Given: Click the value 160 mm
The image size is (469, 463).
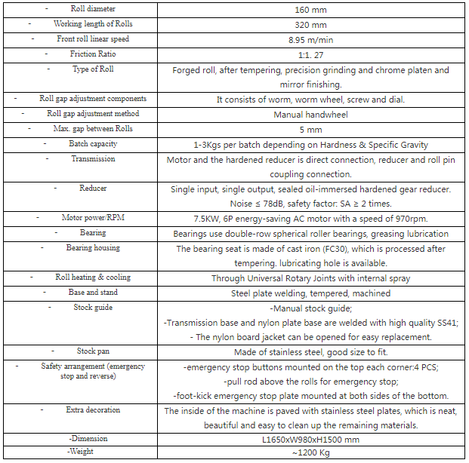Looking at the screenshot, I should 310,11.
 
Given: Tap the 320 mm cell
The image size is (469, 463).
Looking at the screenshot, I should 310,25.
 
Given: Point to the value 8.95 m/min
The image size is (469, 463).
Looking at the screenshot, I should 310,40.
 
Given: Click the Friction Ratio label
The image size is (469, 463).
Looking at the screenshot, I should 93,54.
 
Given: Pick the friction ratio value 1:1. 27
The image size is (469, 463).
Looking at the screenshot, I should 310,55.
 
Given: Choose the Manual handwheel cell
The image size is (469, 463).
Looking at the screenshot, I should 310,115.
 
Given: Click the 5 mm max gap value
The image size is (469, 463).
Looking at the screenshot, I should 310,130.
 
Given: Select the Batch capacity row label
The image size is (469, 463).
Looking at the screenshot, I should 93,143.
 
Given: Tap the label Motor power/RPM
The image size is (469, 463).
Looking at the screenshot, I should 93,218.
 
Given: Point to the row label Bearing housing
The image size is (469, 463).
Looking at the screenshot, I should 93,247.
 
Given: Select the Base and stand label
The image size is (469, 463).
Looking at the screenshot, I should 93,292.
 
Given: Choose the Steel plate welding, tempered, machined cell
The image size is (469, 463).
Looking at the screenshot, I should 310,293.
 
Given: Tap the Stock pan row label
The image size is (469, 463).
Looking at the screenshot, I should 93,351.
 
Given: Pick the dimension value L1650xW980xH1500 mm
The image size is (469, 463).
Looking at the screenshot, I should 310,440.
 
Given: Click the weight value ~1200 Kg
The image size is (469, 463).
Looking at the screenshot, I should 310,454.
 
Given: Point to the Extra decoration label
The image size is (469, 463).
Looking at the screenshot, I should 93,409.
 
